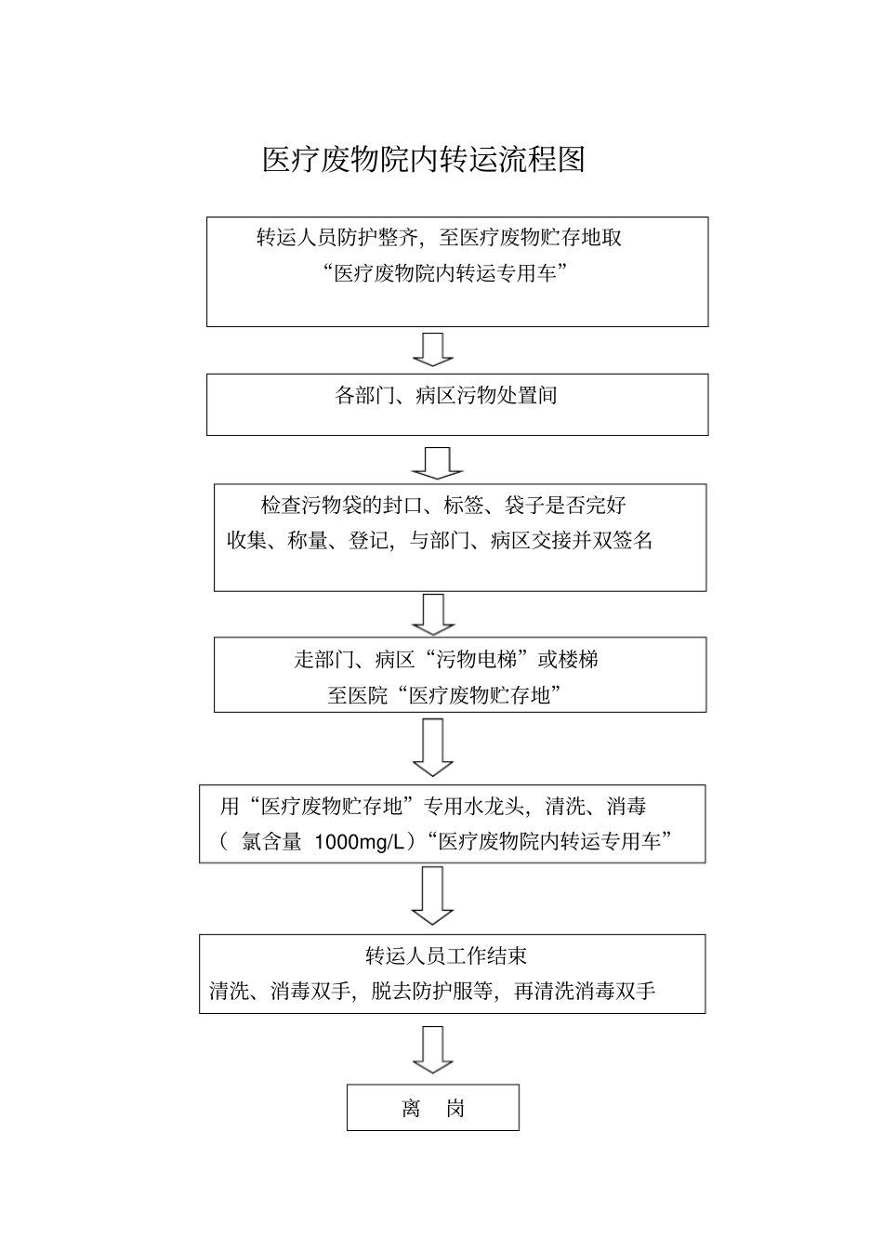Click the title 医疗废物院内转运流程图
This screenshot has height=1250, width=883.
pos(424,160)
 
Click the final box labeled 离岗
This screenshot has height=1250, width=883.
pos(433,1108)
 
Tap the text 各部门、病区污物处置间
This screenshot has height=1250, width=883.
pos(446,396)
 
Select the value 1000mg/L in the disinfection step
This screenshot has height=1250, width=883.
pos(360,842)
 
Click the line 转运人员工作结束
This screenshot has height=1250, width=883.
pos(446,956)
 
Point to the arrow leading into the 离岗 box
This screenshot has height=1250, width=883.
pos(432,1049)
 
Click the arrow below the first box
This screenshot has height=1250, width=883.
pos(432,349)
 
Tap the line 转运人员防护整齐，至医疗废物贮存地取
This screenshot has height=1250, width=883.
pos(439,238)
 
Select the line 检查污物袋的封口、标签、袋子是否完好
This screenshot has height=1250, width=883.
pos(443,507)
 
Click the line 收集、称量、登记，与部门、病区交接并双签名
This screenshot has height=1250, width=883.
pos(441,541)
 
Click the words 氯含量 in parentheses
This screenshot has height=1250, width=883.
pos(271,842)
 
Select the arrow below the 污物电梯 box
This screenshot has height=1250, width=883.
pos(432,747)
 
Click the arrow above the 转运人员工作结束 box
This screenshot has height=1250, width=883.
pos(432,895)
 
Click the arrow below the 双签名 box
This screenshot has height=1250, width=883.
pos(433,613)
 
